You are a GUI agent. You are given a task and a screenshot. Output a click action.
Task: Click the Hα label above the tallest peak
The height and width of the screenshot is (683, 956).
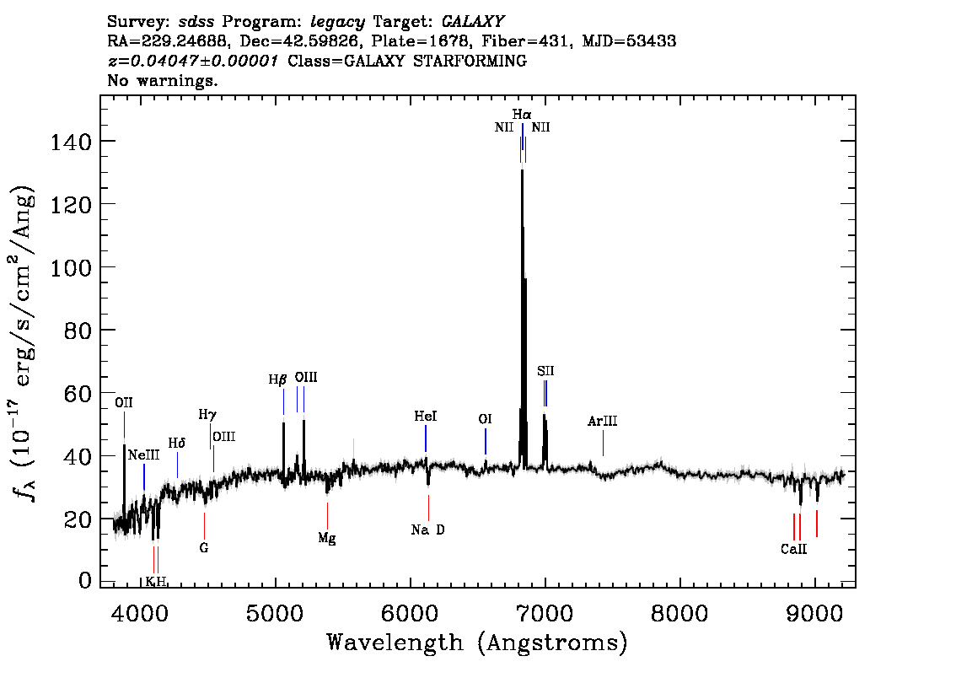point(522,114)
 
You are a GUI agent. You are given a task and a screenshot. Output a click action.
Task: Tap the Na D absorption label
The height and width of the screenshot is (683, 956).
point(427,530)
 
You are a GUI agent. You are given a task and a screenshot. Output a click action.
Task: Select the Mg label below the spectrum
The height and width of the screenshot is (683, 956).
point(327,539)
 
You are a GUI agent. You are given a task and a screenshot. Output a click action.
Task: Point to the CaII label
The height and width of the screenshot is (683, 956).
point(793,549)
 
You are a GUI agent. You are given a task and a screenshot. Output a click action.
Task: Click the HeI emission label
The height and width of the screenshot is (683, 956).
point(426,417)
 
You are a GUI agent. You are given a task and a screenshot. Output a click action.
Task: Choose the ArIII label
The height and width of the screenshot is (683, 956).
point(602,422)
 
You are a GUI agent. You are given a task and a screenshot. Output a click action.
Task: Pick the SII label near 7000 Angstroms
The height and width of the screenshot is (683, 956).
point(545,371)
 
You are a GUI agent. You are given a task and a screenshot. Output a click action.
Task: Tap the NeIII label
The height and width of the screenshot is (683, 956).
point(143,455)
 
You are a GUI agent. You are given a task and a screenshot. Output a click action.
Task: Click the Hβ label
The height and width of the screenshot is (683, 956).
point(278,379)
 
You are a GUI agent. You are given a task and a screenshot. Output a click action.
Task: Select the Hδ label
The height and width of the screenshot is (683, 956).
point(176,443)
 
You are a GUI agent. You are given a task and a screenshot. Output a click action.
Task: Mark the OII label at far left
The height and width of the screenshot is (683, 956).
point(124,402)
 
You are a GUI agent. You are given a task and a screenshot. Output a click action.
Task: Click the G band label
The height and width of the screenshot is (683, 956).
point(203,547)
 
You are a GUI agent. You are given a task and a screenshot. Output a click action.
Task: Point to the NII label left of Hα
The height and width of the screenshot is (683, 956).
point(504,128)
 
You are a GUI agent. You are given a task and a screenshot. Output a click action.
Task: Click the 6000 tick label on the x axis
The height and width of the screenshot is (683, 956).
point(411,610)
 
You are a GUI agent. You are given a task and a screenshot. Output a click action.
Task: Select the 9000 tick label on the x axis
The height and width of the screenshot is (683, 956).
point(814,610)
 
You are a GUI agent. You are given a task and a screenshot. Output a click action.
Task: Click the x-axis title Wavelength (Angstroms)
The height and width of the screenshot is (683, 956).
point(477,643)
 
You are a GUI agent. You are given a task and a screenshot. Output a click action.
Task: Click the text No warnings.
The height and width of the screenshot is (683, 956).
point(163,81)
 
